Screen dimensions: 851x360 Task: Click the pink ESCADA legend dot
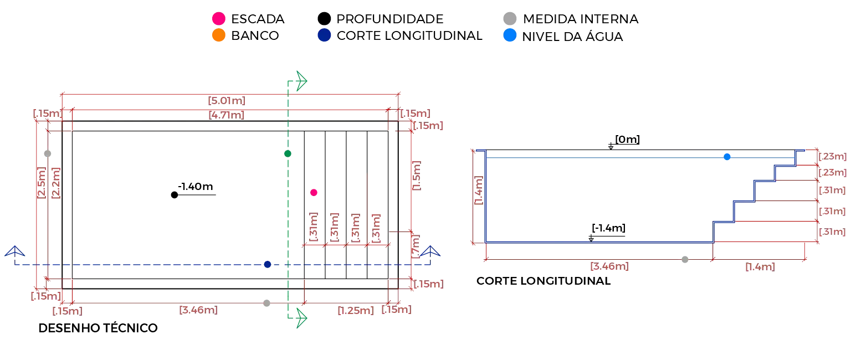coord(219,19)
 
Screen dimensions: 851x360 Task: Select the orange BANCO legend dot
coord(219,35)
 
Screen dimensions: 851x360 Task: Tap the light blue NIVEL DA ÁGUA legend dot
coord(510,35)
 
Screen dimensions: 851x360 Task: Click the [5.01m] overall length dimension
coord(227,101)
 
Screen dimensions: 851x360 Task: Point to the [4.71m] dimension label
coord(227,115)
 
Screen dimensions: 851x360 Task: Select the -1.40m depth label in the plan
coord(195,187)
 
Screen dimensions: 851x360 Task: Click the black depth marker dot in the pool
coord(175,195)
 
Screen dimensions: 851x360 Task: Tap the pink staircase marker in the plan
coord(314,193)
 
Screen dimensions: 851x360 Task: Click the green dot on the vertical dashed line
coord(288,153)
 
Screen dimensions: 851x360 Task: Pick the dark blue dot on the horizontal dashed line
coord(268,264)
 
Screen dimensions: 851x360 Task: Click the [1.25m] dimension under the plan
coord(356,311)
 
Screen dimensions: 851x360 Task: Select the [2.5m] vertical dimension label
coord(41,182)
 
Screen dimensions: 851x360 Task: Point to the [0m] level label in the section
coord(627,140)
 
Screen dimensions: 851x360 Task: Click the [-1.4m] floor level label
coord(608,228)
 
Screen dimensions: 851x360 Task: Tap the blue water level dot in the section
coord(727,157)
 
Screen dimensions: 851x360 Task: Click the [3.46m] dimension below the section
coord(609,266)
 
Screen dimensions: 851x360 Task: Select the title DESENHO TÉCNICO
coord(98,328)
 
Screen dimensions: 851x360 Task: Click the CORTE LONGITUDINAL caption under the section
coord(544,281)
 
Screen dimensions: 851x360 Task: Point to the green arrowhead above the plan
coord(301,81)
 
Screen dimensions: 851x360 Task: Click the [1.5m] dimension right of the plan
coord(417,176)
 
